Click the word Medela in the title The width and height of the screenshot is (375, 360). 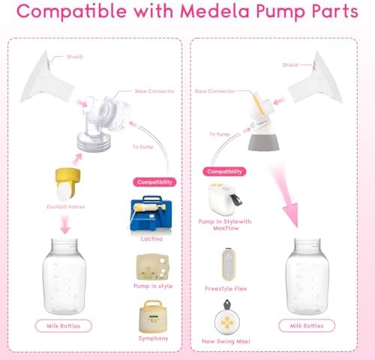click(x=215, y=11)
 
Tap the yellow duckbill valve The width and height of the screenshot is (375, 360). click(x=67, y=184)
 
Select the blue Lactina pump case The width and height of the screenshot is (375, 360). click(x=151, y=214)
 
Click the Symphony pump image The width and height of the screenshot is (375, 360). click(x=152, y=316)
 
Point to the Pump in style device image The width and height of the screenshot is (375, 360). click(x=152, y=267)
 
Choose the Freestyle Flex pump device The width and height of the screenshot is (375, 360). click(x=228, y=264)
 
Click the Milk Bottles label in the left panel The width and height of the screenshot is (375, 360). click(x=64, y=325)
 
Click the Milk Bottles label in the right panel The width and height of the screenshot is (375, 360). click(x=307, y=325)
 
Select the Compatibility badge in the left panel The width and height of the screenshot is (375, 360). click(x=154, y=182)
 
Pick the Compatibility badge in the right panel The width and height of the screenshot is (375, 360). click(x=224, y=172)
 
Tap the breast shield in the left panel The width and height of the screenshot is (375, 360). click(x=46, y=79)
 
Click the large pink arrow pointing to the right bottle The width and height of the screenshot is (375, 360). click(x=285, y=195)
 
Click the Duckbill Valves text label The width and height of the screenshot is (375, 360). click(x=66, y=207)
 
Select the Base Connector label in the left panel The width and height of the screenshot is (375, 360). click(x=154, y=91)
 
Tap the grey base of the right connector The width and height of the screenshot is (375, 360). click(x=263, y=142)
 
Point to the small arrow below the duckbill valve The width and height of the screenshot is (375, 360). click(x=65, y=224)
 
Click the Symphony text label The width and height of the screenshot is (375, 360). click(x=153, y=338)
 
